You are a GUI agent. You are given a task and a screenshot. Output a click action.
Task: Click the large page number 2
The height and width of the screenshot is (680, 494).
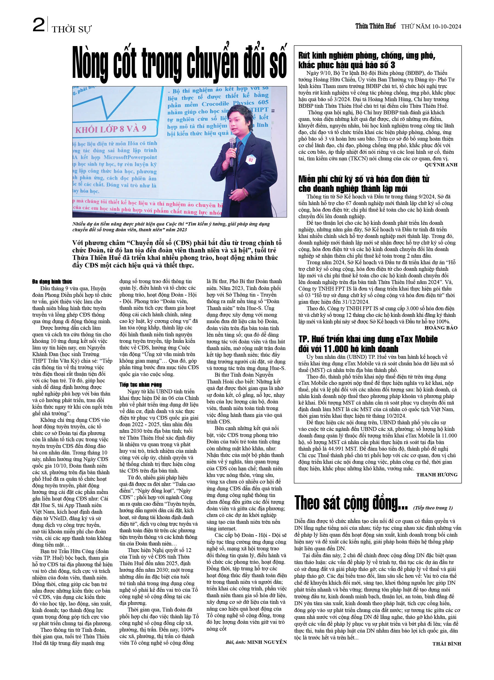38,25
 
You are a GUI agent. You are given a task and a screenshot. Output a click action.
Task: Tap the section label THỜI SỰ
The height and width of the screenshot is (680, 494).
71,29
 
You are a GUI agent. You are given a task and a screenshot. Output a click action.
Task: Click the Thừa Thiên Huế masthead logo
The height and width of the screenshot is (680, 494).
375,26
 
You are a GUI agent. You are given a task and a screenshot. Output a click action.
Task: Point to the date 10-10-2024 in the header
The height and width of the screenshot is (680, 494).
446,27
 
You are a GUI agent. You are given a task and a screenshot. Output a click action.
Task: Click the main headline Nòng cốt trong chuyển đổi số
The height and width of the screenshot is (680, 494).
179,64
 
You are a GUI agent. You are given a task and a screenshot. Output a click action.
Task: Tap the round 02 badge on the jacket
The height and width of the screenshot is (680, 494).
251,160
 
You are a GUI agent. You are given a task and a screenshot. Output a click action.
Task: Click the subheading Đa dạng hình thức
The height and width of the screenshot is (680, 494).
52,281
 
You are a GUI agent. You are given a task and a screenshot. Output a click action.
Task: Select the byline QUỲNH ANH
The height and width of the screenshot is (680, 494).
441,165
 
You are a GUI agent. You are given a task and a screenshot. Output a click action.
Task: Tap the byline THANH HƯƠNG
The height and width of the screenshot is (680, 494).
437,475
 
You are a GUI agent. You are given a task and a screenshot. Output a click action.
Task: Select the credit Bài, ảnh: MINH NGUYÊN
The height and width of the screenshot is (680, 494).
256,642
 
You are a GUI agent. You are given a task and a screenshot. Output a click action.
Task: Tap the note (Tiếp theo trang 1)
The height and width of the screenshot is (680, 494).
433,508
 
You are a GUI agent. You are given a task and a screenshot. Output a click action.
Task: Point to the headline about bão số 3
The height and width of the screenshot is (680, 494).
367,60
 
